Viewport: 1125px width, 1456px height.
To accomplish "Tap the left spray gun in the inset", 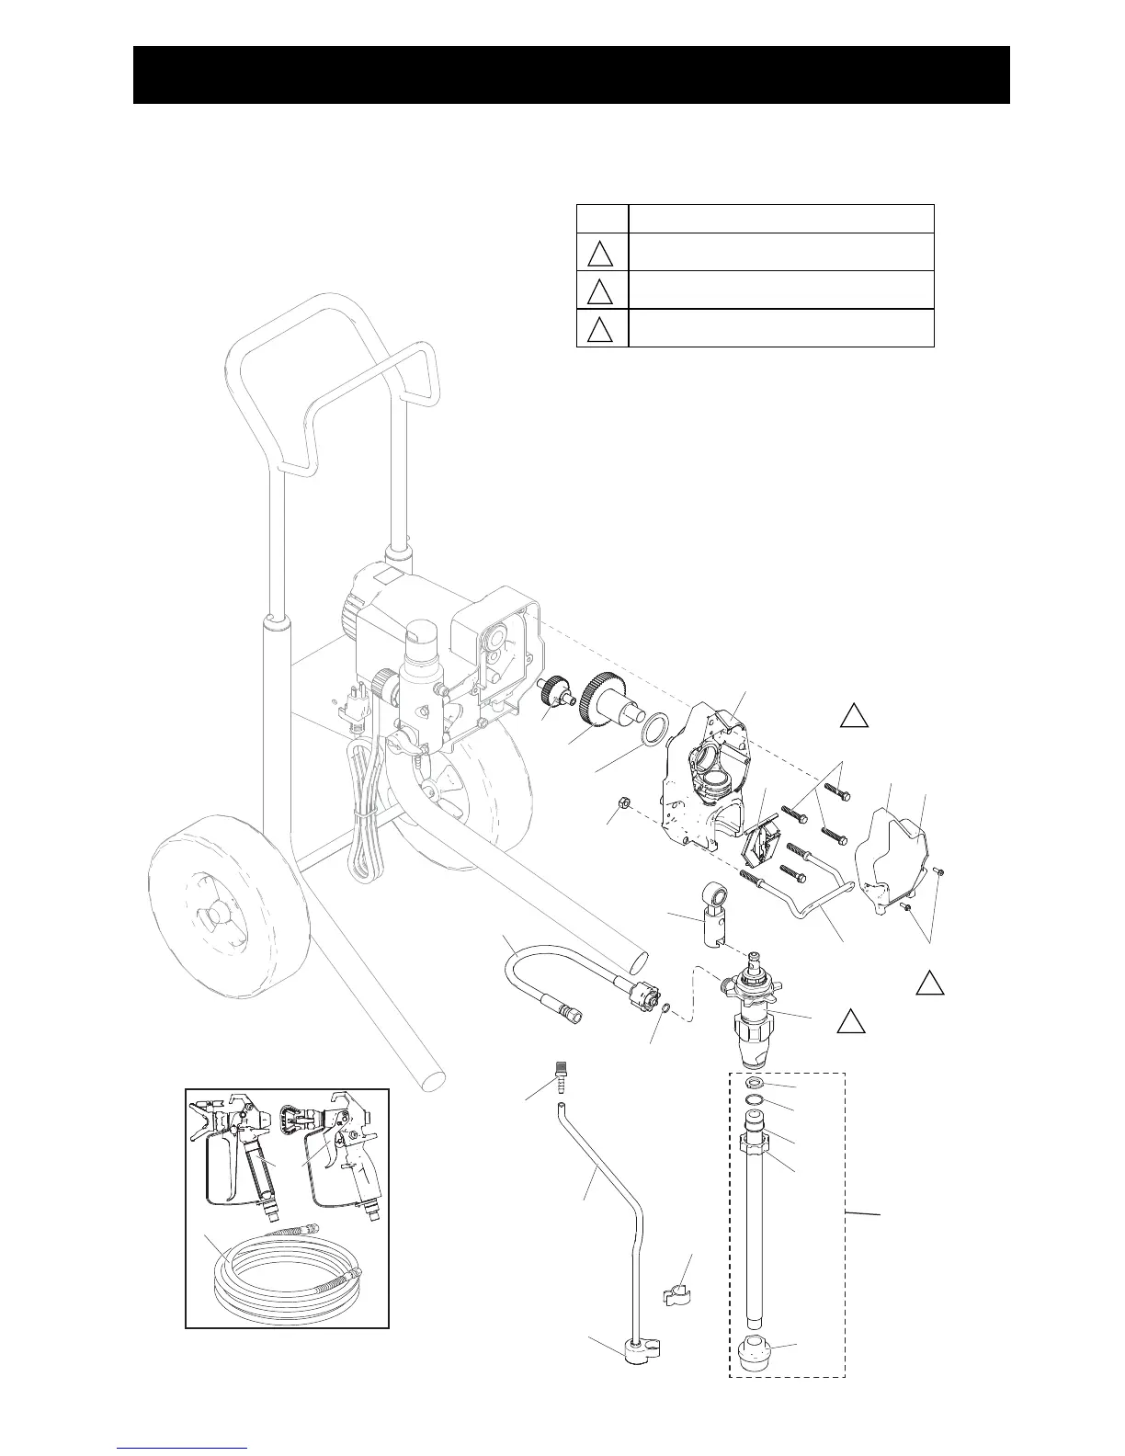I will point(239,1158).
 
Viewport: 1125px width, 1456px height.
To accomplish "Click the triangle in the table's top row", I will point(600,252).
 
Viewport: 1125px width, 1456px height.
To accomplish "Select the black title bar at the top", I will point(571,74).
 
